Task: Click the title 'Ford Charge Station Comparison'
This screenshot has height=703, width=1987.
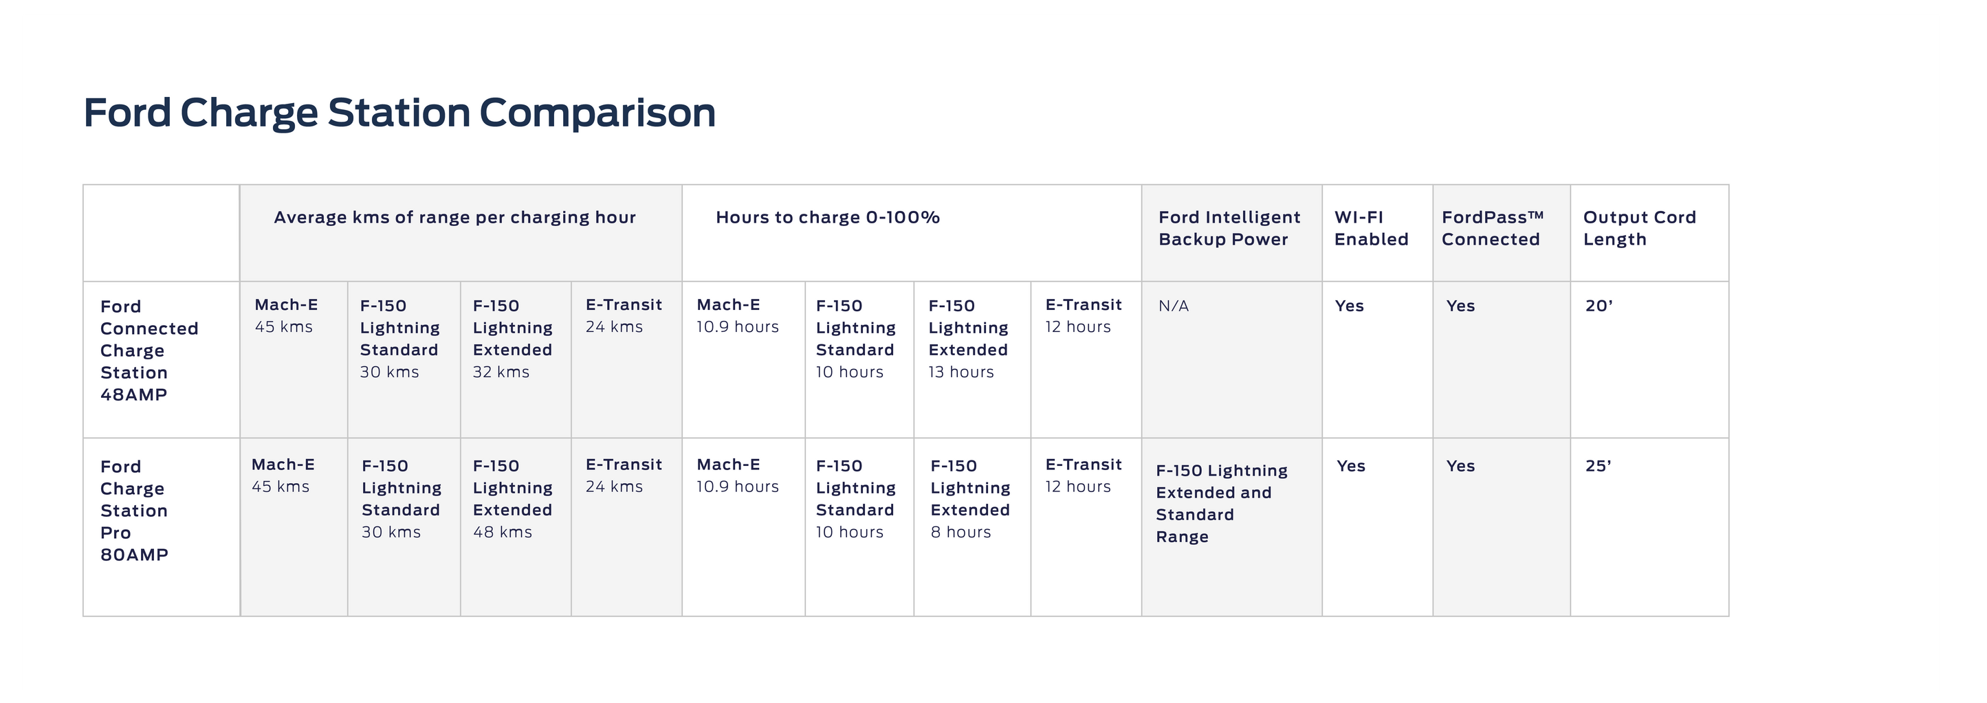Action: [399, 113]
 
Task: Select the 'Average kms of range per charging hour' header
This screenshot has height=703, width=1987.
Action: [455, 217]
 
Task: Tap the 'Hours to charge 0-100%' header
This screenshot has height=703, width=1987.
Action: [828, 217]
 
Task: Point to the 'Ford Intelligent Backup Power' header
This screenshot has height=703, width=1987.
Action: [1229, 228]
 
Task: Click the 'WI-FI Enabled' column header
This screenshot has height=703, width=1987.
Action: [1372, 228]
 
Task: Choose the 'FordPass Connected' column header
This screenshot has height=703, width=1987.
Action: [1493, 228]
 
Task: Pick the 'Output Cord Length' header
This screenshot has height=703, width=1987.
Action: [1640, 228]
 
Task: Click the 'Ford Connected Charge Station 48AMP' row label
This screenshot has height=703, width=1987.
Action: [149, 350]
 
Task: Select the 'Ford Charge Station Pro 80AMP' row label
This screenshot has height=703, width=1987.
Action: [134, 511]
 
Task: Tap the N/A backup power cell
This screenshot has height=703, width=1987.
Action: [1173, 306]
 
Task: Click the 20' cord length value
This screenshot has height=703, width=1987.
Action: [1599, 306]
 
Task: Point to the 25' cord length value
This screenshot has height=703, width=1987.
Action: [1599, 467]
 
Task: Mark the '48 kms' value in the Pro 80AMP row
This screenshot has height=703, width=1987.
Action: [502, 532]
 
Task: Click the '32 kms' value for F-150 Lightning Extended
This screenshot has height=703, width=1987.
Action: [501, 372]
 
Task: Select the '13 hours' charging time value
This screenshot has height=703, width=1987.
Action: [961, 372]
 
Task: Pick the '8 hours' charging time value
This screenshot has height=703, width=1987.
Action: [960, 532]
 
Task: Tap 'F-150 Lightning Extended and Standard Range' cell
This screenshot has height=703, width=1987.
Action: [1222, 503]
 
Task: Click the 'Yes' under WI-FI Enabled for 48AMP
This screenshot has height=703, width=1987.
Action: [1349, 306]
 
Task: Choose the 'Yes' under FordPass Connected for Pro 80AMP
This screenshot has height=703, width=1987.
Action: [1460, 467]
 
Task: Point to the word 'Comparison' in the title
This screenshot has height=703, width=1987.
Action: [597, 113]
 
